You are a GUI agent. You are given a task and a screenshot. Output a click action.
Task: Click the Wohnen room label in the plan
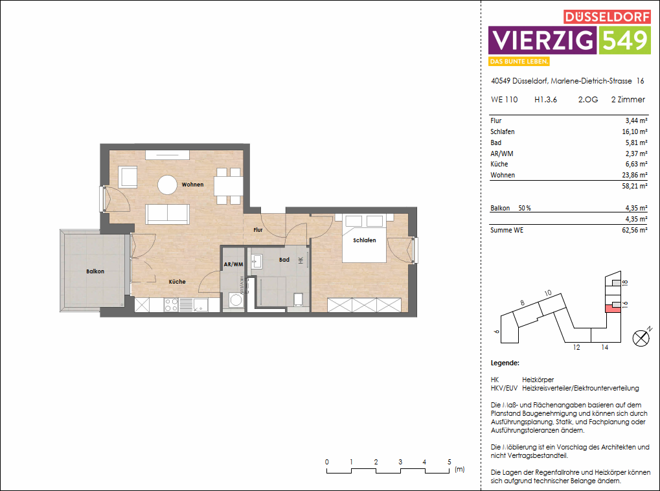coord(192,185)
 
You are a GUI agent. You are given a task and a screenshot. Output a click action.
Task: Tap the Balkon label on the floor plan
coord(95,271)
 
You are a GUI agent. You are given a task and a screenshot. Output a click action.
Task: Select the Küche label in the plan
coord(177,282)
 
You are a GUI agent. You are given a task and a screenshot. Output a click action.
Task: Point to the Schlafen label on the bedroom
coord(364,240)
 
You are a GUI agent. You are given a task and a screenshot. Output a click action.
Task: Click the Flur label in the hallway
coord(258,230)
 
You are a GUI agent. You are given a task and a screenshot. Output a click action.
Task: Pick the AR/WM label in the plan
coord(233,264)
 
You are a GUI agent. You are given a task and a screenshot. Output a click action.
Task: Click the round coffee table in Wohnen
coord(168,185)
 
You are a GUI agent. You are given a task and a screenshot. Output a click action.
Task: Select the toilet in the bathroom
coord(299,299)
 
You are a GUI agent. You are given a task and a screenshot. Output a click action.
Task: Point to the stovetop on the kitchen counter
coord(171,304)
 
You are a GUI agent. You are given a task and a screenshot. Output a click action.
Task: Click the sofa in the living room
coord(168,213)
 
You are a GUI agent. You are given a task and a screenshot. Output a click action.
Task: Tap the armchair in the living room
coord(128,176)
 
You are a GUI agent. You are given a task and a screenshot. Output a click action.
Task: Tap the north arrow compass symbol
coord(641,337)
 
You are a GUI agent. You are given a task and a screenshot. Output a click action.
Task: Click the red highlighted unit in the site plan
coord(609,308)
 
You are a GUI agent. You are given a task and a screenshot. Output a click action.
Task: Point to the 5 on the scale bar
coord(449,462)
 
